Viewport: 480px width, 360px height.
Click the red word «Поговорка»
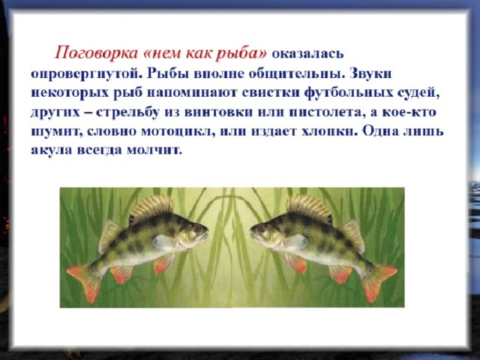coord(97,53)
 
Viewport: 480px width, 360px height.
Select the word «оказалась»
coord(308,54)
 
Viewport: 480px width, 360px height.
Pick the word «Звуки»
coord(370,74)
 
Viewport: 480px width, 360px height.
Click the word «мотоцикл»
coord(178,131)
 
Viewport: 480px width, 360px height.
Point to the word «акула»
coord(52,150)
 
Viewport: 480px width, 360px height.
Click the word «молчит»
coord(154,150)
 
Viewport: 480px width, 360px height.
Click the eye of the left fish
coord(196,228)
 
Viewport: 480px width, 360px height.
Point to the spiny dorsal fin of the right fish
coord(309,208)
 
